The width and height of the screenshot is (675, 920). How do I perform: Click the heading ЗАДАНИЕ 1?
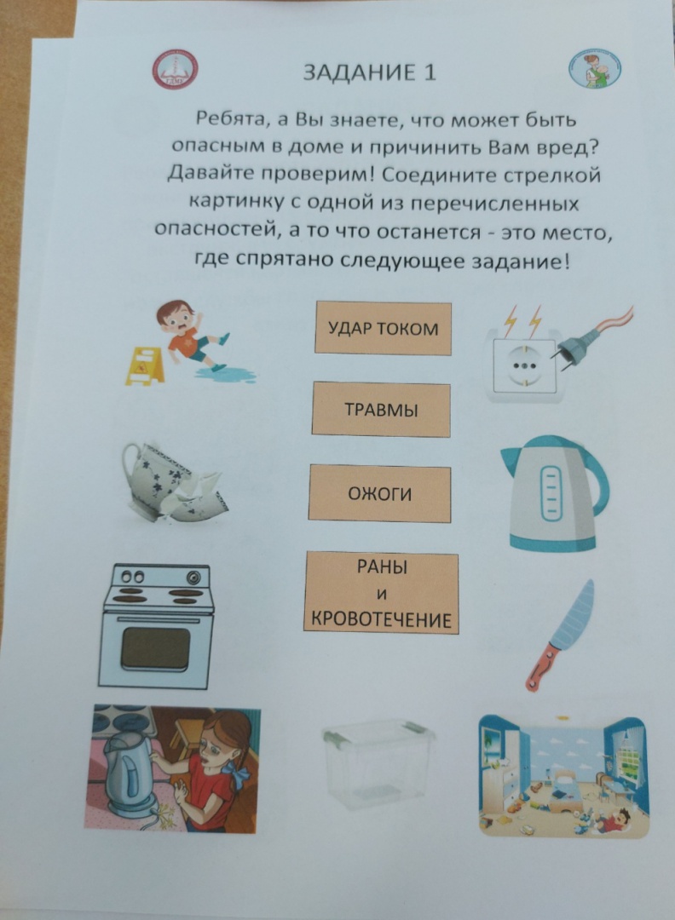(x=370, y=72)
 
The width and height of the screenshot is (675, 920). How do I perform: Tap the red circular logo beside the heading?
(x=175, y=70)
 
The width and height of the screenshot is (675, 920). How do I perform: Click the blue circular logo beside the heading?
(x=595, y=70)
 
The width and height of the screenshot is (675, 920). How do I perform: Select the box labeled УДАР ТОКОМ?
(x=384, y=328)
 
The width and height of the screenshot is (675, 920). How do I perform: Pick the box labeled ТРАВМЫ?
(x=381, y=409)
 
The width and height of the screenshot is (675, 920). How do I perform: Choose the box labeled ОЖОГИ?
(x=380, y=493)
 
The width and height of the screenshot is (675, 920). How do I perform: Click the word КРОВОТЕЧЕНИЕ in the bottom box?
(x=382, y=620)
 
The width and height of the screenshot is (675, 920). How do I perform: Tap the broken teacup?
(x=173, y=481)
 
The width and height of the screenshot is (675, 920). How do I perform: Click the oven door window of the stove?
(x=156, y=647)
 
